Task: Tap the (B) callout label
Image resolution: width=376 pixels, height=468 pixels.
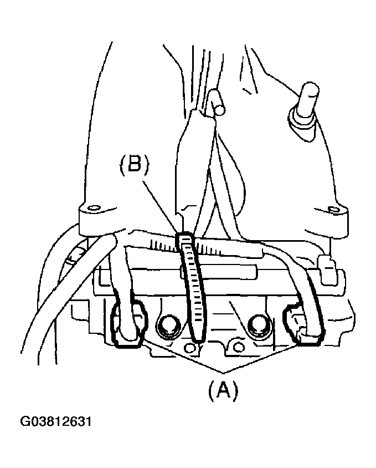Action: tap(134, 165)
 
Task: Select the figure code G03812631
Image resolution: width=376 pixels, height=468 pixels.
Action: tap(55, 422)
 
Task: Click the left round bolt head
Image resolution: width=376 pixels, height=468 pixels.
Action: tap(167, 325)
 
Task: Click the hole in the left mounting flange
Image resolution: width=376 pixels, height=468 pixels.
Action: tap(94, 207)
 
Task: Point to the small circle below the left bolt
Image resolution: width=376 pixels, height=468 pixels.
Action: tap(188, 348)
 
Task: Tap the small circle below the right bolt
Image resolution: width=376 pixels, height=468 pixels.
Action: tap(238, 347)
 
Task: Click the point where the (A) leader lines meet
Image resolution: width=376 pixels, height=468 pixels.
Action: tap(223, 373)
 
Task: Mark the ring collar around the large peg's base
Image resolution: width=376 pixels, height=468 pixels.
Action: tap(302, 123)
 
